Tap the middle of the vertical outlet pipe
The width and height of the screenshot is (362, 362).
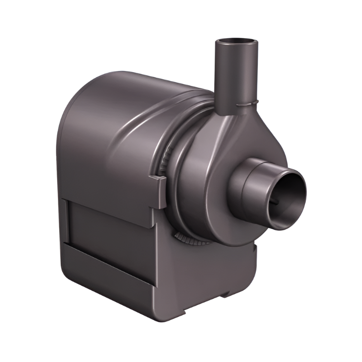[236, 72]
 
